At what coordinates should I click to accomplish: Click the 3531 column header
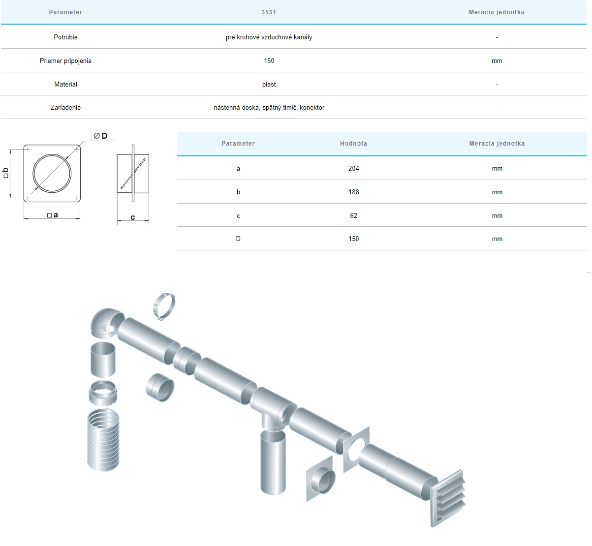pos(269,12)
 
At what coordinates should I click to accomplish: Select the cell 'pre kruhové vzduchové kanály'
pos(269,37)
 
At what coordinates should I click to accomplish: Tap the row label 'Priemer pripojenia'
pos(65,61)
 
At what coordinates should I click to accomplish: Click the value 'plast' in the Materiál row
pos(269,84)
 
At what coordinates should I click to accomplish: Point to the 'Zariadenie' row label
pos(65,108)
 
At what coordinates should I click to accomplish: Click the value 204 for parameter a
pos(353,168)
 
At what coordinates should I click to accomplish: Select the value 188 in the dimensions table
pos(353,192)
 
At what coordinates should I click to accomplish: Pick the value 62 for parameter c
pos(353,215)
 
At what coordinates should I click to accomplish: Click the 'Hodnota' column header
pos(353,143)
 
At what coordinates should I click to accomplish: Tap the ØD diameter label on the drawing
pos(100,136)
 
